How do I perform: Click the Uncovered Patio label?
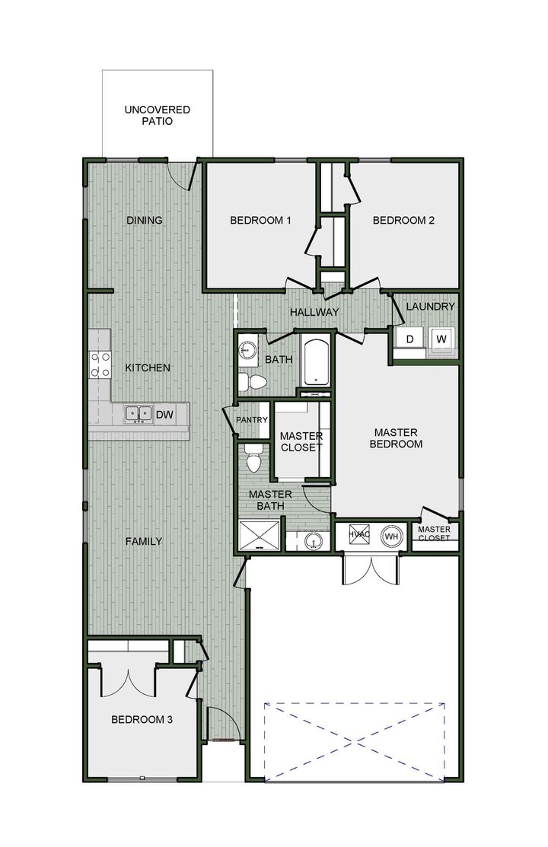pos(158,115)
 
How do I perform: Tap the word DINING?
pos(145,221)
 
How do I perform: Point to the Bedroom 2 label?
pos(403,221)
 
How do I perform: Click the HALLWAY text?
pos(314,312)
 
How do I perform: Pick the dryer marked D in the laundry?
pos(409,339)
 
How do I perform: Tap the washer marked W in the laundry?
pos(441,339)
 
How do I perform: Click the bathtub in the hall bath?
pos(315,362)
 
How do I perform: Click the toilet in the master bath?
pos(254,459)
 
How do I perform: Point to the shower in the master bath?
pos(260,535)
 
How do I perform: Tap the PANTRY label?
pos(251,419)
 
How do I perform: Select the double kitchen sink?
pos(139,414)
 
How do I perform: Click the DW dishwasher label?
pos(164,415)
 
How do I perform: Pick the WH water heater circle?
pos(392,536)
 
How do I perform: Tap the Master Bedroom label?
pos(396,438)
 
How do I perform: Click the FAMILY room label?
pos(144,542)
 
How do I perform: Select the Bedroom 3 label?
pos(142,719)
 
